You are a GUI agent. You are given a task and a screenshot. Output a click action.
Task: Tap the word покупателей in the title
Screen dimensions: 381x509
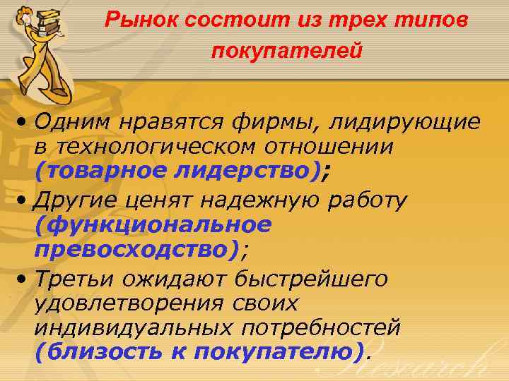286,51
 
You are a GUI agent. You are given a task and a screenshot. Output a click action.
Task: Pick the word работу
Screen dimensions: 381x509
368,200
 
